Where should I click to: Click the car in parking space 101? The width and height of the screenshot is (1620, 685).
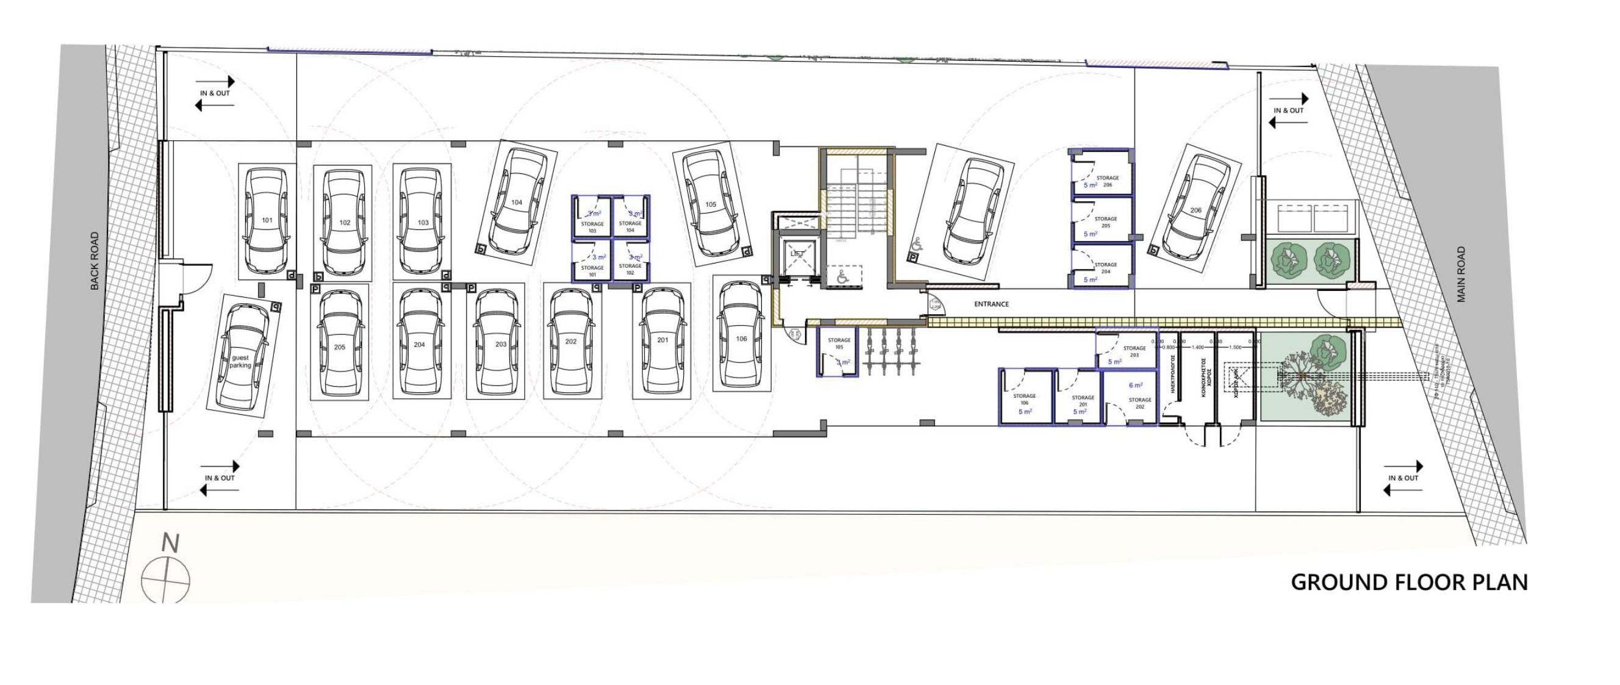(267, 221)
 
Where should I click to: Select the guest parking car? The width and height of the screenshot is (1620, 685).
(241, 357)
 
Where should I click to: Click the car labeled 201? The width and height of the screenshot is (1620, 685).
(662, 340)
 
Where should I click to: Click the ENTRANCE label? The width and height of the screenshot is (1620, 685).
(991, 304)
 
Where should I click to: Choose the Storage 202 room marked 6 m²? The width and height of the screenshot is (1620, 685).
(1131, 398)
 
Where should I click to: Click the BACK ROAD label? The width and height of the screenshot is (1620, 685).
(95, 261)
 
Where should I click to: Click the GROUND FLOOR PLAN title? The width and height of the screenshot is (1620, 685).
(1410, 583)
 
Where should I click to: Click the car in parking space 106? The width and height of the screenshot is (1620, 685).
(742, 339)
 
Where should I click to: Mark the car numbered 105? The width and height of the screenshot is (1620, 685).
(711, 204)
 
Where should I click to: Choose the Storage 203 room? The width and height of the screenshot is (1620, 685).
(1127, 350)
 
